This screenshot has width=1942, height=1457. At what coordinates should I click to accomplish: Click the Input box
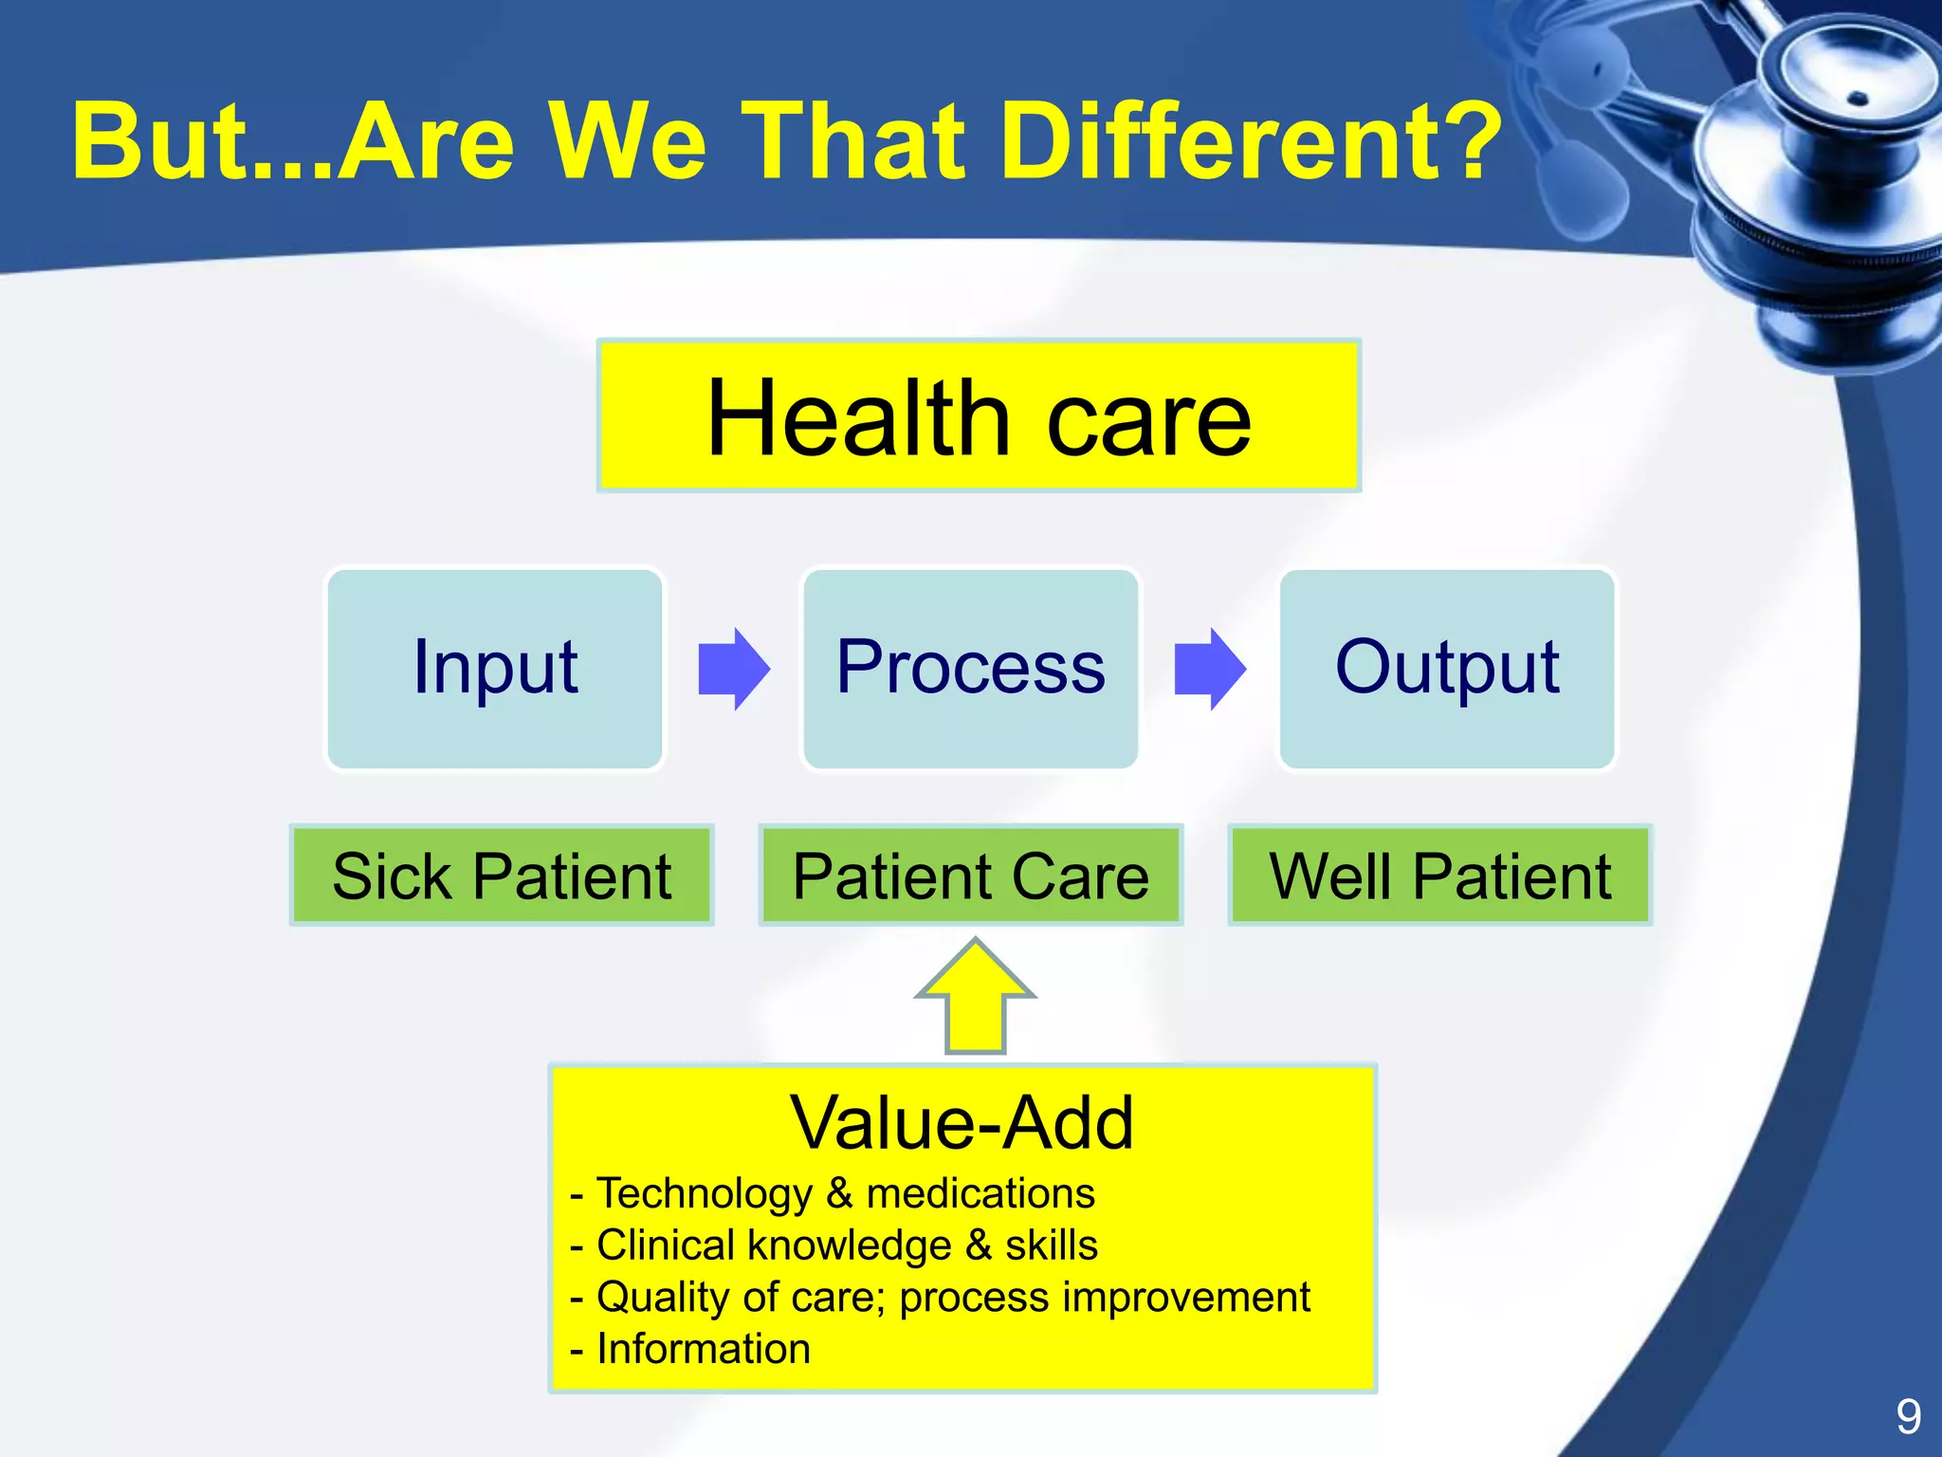[494, 669]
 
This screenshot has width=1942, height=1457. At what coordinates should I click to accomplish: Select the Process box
[970, 669]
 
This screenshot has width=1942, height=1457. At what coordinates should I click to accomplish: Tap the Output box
[1446, 669]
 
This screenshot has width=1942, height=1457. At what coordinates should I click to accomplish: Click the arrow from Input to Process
[733, 669]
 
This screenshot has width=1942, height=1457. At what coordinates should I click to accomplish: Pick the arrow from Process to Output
[1209, 669]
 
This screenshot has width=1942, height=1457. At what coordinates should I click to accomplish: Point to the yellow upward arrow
[975, 1001]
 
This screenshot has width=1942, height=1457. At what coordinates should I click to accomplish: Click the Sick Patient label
[502, 876]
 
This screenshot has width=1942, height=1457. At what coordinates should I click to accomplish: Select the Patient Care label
[970, 876]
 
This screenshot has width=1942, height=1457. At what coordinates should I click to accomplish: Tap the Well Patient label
[1439, 876]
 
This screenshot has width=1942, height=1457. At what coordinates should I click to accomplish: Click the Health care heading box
[979, 415]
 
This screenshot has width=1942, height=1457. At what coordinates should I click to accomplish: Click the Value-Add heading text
[962, 1123]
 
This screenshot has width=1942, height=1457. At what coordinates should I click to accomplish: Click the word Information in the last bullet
[704, 1349]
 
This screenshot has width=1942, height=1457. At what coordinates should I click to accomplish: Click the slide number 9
[1908, 1417]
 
